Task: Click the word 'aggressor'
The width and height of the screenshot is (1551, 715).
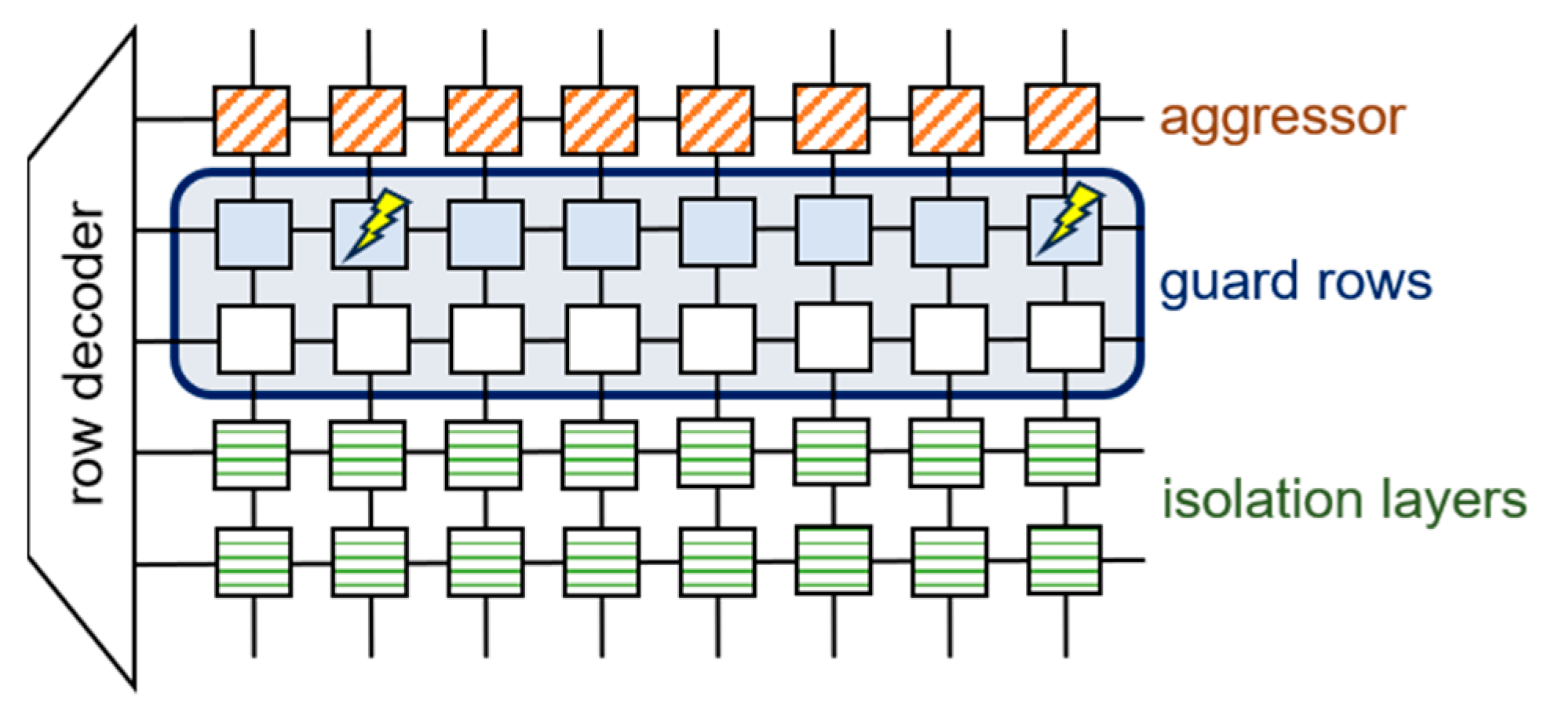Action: point(1282,119)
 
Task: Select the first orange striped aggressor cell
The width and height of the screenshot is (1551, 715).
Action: point(251,120)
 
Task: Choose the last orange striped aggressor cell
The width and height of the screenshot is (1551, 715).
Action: point(1062,118)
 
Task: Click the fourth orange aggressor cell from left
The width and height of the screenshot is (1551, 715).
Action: point(599,120)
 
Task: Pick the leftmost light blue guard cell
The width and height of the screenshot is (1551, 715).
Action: point(254,235)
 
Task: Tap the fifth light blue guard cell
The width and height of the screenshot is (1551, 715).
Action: point(717,232)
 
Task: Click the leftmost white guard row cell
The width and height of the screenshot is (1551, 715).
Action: point(255,340)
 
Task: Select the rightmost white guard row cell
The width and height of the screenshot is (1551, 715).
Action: point(1065,337)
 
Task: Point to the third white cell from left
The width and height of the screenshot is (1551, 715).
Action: point(486,340)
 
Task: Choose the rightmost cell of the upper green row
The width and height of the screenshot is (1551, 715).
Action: point(1062,452)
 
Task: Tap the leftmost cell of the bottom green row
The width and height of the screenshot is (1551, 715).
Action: point(254,562)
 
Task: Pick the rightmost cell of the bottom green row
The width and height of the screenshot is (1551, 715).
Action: point(1064,560)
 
